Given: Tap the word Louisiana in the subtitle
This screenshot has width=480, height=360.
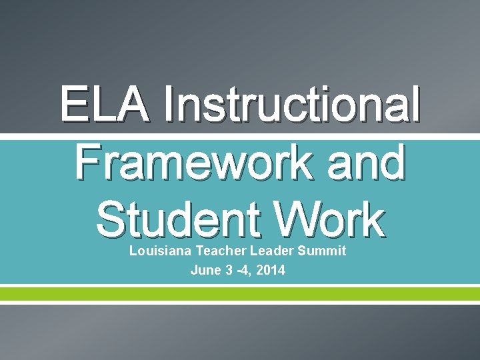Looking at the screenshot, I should point(153,251).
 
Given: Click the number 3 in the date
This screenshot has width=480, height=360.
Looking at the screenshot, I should point(226,270).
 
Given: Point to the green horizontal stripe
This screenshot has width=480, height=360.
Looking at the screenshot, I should point(240,293).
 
